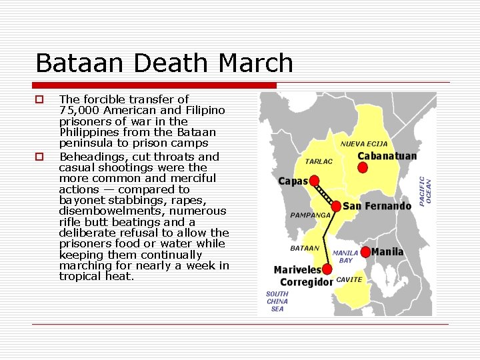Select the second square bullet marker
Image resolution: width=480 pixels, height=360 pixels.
[39, 157]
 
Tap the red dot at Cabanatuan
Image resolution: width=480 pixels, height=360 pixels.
[363, 167]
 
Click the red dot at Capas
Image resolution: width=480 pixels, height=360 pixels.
[314, 181]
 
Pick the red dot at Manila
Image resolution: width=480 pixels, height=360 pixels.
[365, 252]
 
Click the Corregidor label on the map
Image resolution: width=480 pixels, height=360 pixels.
[306, 282]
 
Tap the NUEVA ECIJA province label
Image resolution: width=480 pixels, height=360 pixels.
[363, 144]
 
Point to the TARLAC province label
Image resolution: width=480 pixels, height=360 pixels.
[319, 161]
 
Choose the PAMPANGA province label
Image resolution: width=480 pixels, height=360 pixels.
[311, 215]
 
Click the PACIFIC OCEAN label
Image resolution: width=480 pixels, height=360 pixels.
[424, 190]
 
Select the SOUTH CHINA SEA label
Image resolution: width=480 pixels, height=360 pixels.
[277, 301]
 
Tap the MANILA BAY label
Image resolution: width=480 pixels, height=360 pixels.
[345, 257]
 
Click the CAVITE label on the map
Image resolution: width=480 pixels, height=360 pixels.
[349, 280]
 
